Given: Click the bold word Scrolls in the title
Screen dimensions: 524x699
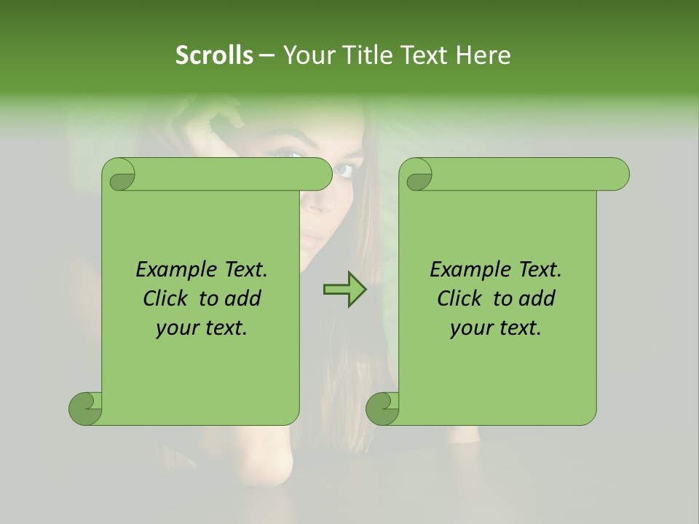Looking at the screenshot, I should click(214, 55).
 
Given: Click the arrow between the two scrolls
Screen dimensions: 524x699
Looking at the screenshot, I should click(344, 290).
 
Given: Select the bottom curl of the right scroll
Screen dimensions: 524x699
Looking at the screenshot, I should click(383, 408).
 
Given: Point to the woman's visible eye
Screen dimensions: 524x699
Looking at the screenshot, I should click(344, 170).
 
